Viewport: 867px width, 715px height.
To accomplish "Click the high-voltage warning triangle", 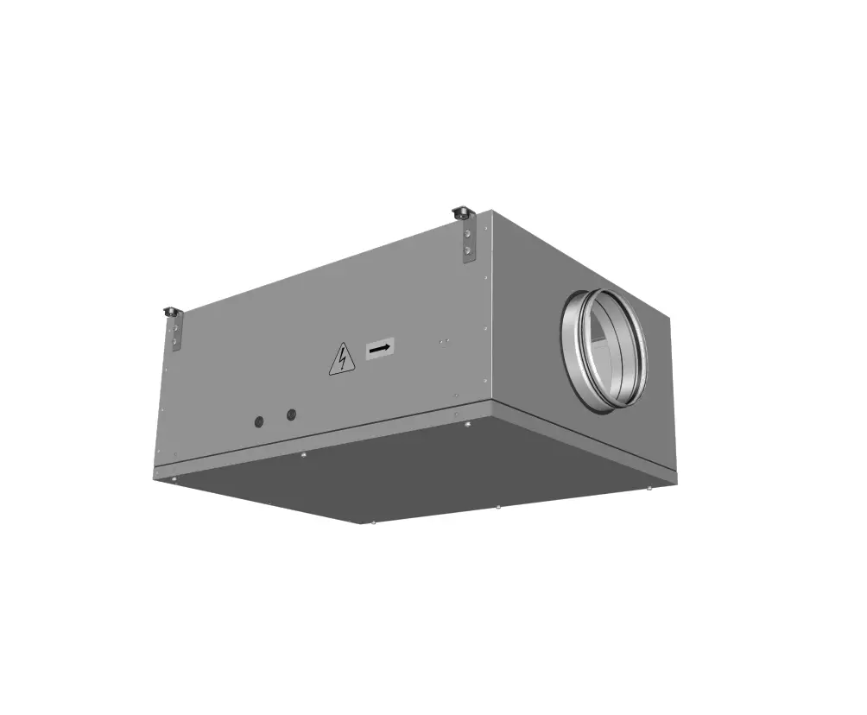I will coord(342,359).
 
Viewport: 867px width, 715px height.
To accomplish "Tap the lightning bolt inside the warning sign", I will coord(343,360).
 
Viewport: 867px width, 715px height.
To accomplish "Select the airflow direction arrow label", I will coord(380,347).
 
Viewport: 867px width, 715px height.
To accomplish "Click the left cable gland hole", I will coord(258,421).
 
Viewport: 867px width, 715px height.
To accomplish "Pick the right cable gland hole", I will coord(291,414).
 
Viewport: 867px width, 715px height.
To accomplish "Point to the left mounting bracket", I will coord(176,330).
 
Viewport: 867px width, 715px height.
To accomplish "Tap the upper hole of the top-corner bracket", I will coord(468,233).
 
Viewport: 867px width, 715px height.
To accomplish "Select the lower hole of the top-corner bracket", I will coord(468,251).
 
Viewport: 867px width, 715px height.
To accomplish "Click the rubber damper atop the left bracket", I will coord(170,311).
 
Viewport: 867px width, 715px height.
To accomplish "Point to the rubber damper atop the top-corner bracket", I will coord(460,212).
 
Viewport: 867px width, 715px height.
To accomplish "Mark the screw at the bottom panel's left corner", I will coord(174,479).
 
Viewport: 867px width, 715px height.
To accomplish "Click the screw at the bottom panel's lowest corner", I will coord(370,522).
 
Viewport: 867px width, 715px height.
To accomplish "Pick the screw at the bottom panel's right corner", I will coord(649,489).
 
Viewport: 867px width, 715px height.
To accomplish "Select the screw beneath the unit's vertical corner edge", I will coord(466,423).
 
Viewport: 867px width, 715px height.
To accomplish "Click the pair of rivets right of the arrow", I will coord(442,341).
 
